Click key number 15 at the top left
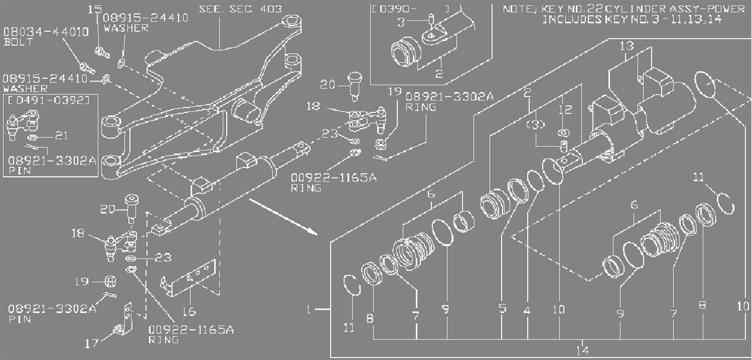coord(95,9)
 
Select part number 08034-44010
coord(46,32)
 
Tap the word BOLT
coord(16,42)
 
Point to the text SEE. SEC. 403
coord(240,9)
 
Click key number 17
coord(91,343)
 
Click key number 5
coord(502,310)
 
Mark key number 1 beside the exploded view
coord(310,310)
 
